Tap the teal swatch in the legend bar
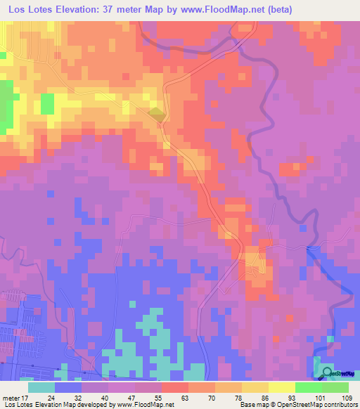click(x=42, y=387)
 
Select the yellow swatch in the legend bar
click(x=282, y=387)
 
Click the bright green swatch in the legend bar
click(x=309, y=387)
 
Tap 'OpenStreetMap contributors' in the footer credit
click(x=319, y=404)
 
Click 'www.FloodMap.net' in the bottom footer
click(x=142, y=404)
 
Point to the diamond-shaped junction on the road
click(x=157, y=114)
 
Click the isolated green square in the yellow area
click(x=47, y=103)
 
